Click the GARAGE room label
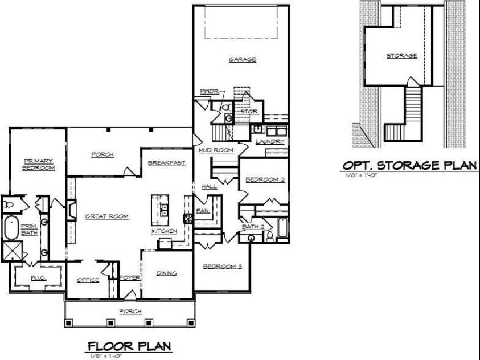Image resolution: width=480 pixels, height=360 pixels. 243,59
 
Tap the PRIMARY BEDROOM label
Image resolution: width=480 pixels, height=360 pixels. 39,165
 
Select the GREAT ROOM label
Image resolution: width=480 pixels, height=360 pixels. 106,216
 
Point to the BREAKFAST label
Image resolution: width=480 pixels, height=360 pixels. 167,163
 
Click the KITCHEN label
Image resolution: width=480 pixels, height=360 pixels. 163,231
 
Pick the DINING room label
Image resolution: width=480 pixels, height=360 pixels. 166,273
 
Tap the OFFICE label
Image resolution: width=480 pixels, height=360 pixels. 88,280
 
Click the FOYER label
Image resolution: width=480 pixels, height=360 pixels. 126,279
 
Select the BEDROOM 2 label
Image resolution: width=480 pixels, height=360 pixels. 265,180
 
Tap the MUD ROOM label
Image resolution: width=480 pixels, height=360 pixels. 216,150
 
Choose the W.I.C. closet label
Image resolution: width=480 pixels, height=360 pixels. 39,277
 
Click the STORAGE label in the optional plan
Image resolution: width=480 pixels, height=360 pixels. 402,56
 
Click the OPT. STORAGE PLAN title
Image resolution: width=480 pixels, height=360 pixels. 409,165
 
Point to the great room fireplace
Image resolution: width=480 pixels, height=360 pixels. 71,210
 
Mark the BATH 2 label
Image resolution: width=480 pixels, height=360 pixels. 253,227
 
